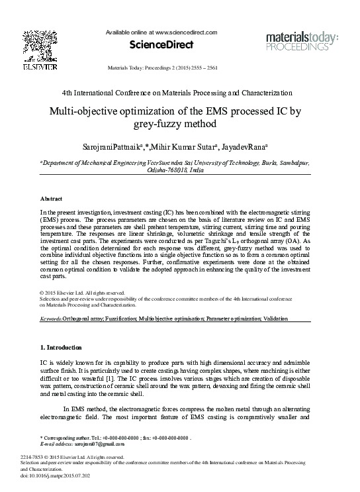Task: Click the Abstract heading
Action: click(52, 199)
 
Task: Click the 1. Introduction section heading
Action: click(61, 347)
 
